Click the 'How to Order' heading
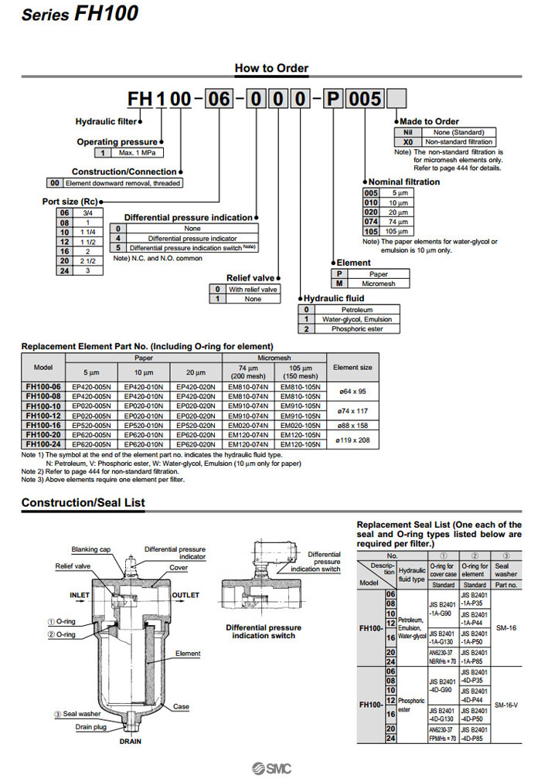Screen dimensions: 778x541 [271, 68]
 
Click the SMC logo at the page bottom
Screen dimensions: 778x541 [270, 767]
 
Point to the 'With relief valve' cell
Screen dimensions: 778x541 [256, 289]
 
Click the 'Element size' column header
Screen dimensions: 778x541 [352, 367]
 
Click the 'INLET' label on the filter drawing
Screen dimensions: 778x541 [80, 595]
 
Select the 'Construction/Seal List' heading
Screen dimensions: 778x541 [83, 503]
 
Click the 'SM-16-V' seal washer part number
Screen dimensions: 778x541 [505, 705]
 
